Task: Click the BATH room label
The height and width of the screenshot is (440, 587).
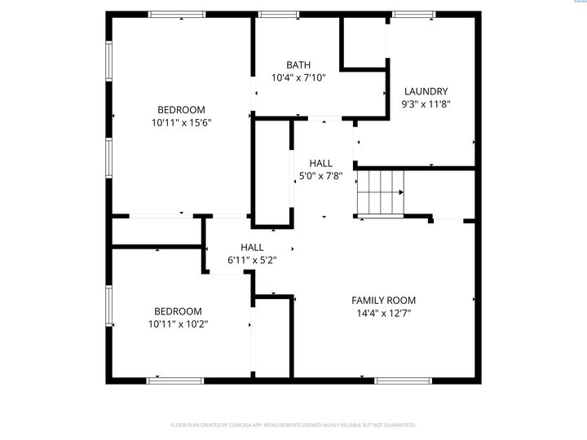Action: pyautogui.click(x=298, y=65)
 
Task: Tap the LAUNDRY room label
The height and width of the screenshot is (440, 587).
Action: pyautogui.click(x=426, y=91)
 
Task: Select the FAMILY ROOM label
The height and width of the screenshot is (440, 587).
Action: pyautogui.click(x=383, y=300)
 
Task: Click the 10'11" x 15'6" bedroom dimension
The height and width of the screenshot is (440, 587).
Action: pyautogui.click(x=181, y=123)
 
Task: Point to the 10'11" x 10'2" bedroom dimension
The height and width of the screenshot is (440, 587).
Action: pyautogui.click(x=178, y=324)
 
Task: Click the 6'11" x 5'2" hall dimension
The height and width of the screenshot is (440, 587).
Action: pyautogui.click(x=252, y=260)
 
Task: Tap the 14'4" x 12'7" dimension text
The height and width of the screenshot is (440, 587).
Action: pyautogui.click(x=383, y=313)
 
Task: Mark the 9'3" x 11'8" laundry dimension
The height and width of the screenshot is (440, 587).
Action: pyautogui.click(x=426, y=104)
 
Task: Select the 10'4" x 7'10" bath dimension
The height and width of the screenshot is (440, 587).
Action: pyautogui.click(x=298, y=78)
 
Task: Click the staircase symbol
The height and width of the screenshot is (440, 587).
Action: pyautogui.click(x=381, y=192)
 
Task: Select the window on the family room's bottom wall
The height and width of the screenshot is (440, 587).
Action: pyautogui.click(x=403, y=381)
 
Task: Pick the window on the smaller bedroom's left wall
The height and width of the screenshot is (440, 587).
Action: pyautogui.click(x=108, y=310)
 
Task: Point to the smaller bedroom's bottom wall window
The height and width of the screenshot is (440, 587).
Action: pyautogui.click(x=174, y=381)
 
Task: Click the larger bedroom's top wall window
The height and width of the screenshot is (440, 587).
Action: pyautogui.click(x=177, y=14)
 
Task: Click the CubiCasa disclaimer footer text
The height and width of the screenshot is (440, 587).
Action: pyautogui.click(x=293, y=425)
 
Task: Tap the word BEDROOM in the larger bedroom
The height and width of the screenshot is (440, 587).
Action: pyautogui.click(x=181, y=110)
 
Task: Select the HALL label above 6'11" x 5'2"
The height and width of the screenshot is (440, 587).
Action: pyautogui.click(x=252, y=247)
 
